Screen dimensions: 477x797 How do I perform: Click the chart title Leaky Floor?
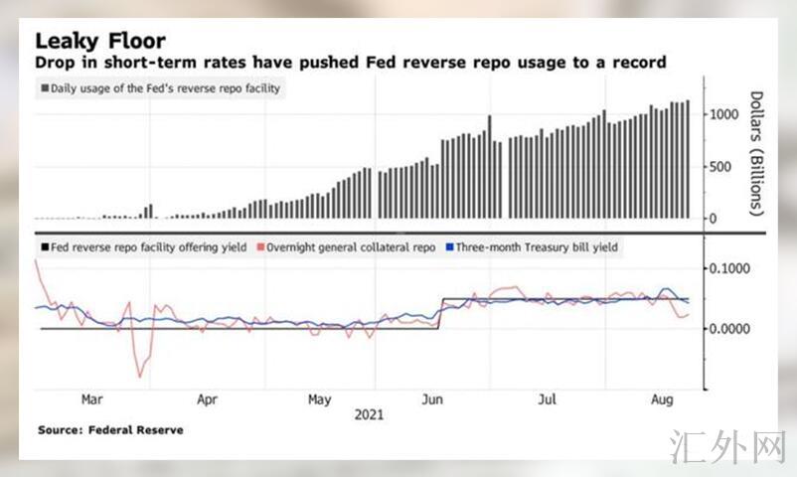[100, 41]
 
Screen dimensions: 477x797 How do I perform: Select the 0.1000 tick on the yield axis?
[734, 269]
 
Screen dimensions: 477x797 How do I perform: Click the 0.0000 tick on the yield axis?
[734, 329]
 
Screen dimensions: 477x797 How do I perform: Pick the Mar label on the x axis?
[91, 399]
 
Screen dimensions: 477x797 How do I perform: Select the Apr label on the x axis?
[207, 399]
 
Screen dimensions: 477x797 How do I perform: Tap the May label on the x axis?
[319, 399]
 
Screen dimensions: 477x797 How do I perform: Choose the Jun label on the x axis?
[432, 399]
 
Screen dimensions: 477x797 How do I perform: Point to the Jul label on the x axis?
[546, 399]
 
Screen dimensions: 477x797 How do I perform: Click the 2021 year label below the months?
[369, 414]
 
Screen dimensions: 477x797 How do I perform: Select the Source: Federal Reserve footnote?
[110, 430]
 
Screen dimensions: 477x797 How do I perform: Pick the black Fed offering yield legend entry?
[145, 246]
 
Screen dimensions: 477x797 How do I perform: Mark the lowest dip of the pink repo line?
[139, 377]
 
